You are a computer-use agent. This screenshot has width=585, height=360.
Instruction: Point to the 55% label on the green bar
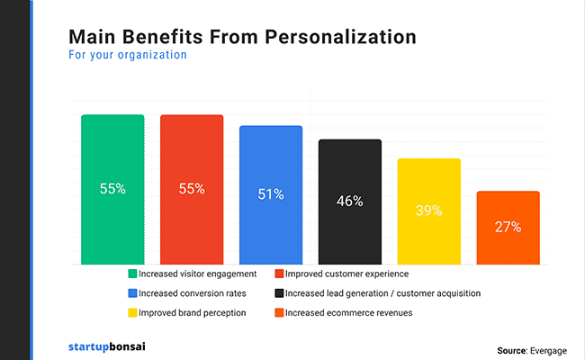pyautogui.click(x=112, y=189)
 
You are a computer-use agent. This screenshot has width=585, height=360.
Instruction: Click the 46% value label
pyautogui.click(x=349, y=202)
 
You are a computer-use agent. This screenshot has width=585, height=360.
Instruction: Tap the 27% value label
pyautogui.click(x=508, y=227)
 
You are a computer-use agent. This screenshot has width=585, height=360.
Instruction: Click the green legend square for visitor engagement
pyautogui.click(x=132, y=274)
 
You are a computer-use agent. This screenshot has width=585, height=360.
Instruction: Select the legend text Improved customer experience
pyautogui.click(x=348, y=274)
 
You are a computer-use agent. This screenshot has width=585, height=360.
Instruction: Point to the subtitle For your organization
pyautogui.click(x=127, y=55)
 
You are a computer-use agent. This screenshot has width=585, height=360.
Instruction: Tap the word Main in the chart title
pyautogui.click(x=91, y=37)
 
